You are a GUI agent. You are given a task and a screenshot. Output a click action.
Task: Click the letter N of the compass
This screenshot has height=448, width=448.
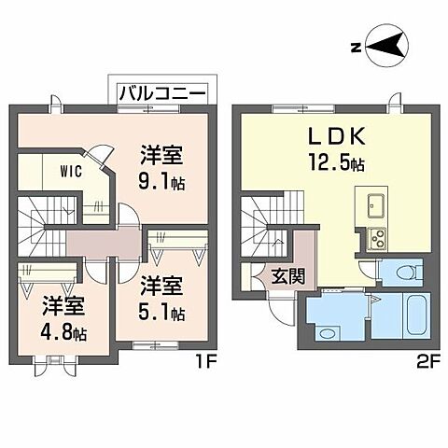click(x=356, y=46)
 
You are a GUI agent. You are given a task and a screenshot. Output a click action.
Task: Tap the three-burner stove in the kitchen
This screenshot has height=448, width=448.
click(x=378, y=238)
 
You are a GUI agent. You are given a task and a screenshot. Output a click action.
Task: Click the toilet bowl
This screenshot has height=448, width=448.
click(x=405, y=272)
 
